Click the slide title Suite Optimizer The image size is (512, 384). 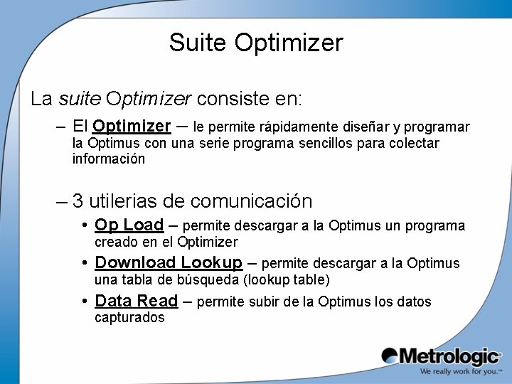point(256,43)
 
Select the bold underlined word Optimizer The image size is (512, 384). point(132,127)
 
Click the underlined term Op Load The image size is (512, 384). point(129,225)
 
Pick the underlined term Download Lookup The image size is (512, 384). point(169,262)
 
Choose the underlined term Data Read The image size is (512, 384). point(136,301)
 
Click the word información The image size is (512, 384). point(109,159)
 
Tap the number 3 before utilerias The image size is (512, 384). point(78,201)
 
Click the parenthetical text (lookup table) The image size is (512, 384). point(287,279)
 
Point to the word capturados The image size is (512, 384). point(129,318)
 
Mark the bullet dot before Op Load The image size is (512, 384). point(85,225)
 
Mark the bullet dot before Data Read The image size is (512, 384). point(85,301)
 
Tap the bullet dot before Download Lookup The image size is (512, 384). point(85,262)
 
